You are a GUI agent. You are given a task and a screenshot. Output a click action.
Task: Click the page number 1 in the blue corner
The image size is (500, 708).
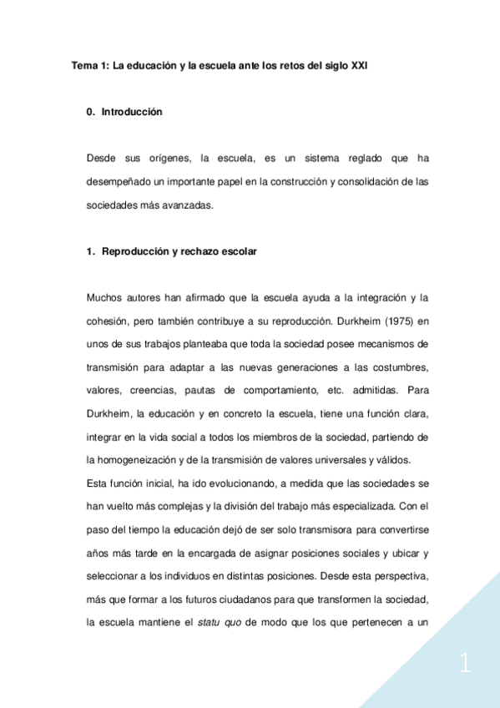(465, 665)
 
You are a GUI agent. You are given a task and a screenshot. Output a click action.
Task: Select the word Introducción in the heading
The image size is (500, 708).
(132, 112)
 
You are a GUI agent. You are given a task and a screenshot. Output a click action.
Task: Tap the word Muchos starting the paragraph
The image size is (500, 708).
(106, 298)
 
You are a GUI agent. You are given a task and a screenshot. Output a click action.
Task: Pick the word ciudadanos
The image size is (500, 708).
(245, 599)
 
